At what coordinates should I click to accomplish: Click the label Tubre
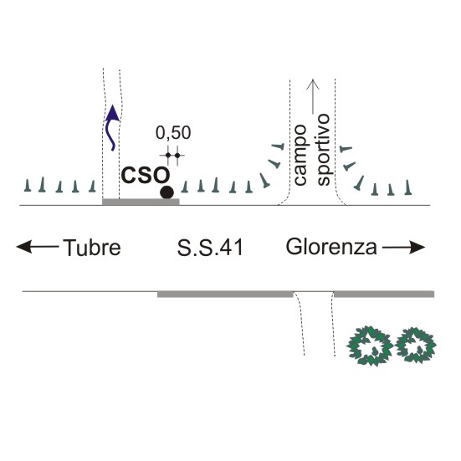click(x=92, y=248)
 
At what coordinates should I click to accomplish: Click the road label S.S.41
click(x=210, y=248)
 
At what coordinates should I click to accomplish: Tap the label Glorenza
click(x=331, y=247)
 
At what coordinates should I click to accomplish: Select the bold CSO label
click(x=146, y=176)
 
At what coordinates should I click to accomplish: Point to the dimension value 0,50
click(x=173, y=133)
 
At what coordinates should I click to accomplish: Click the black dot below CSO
click(x=166, y=192)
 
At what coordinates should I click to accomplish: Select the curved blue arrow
click(x=112, y=128)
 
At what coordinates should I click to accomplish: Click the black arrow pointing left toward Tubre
click(x=38, y=246)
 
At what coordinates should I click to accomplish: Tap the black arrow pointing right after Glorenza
click(x=403, y=248)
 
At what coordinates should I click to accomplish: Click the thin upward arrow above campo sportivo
click(x=313, y=96)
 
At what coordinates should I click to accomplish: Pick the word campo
click(x=300, y=155)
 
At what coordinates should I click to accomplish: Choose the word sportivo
click(x=324, y=150)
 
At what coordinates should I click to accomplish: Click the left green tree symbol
click(x=370, y=346)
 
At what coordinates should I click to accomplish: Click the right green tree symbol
click(x=416, y=346)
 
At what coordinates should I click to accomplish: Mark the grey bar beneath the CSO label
click(x=141, y=202)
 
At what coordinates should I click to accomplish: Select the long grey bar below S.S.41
click(x=225, y=295)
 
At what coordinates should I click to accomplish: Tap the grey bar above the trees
click(x=384, y=295)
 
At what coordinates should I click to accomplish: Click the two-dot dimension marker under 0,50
click(x=172, y=156)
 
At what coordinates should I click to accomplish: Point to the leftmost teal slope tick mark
click(x=28, y=185)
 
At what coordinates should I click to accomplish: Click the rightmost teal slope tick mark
click(x=407, y=187)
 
